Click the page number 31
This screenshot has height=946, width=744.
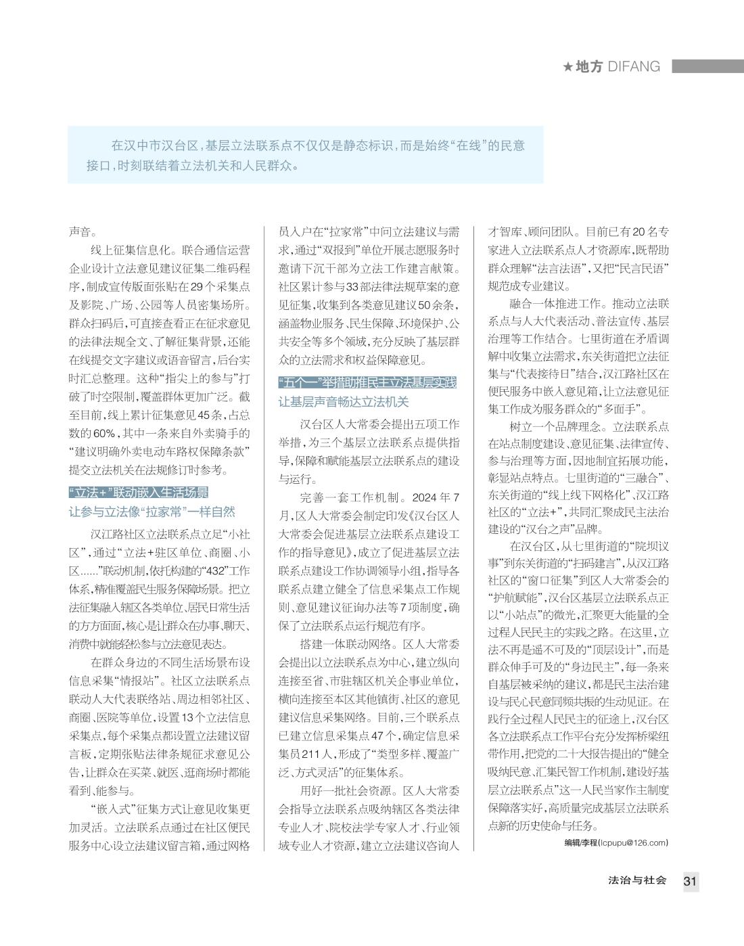click(690, 881)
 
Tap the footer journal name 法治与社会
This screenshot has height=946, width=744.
click(637, 880)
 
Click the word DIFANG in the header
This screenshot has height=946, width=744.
click(634, 66)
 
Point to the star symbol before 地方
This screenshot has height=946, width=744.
click(567, 66)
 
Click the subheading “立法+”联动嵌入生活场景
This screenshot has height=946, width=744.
click(139, 492)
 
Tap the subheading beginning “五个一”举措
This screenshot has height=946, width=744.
click(368, 383)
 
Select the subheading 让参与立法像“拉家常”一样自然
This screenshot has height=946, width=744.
click(152, 512)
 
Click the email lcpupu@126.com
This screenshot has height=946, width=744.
click(633, 842)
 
